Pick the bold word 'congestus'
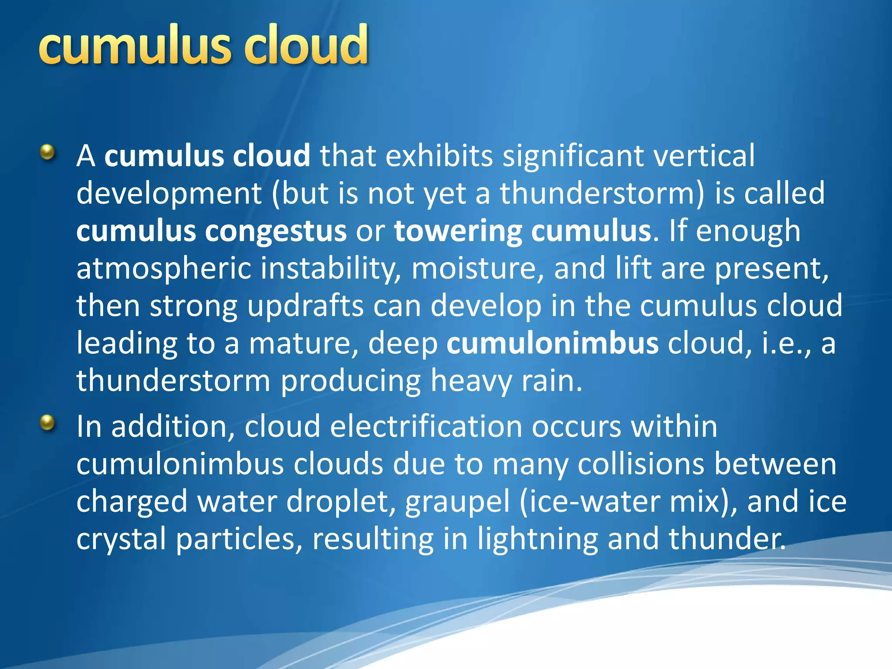pyautogui.click(x=276, y=231)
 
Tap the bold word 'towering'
pyautogui.click(x=457, y=231)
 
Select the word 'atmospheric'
pyautogui.click(x=164, y=269)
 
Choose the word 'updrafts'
pyautogui.click(x=305, y=306)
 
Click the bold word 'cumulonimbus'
pyautogui.click(x=552, y=343)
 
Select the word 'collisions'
pyautogui.click(x=641, y=464)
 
